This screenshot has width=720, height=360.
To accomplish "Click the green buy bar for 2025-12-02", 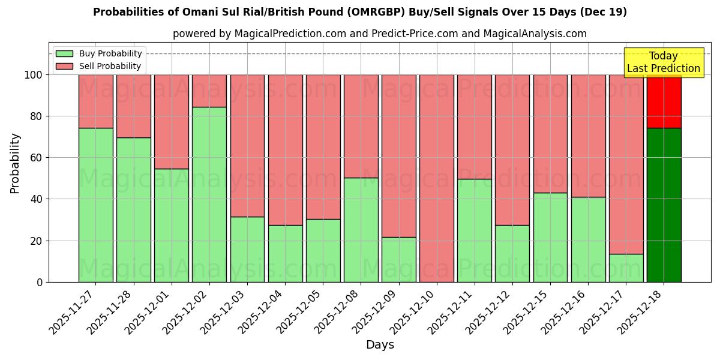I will pos(209,194).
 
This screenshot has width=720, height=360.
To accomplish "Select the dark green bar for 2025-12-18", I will pos(664,205).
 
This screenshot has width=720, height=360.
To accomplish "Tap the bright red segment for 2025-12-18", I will pos(664,101).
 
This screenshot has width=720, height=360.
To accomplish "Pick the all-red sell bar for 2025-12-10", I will pos(437,178).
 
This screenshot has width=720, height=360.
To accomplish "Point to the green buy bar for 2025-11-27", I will pos(96,205).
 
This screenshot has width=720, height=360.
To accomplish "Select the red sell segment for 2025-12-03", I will pos(247,146).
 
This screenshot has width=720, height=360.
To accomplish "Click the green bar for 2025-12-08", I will pos(361,230).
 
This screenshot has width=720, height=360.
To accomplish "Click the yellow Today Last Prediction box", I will pos(663,62).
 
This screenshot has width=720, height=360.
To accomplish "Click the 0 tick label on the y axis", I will pos(40,282).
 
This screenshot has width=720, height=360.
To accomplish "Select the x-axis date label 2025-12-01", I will pos(148,315).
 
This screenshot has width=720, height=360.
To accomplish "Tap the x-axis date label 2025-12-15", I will pos(526,315).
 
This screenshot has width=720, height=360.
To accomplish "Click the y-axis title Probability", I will pos(15,163).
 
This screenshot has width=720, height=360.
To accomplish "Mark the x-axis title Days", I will pos(380,345).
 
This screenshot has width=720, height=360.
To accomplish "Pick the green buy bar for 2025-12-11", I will pos(475,230).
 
